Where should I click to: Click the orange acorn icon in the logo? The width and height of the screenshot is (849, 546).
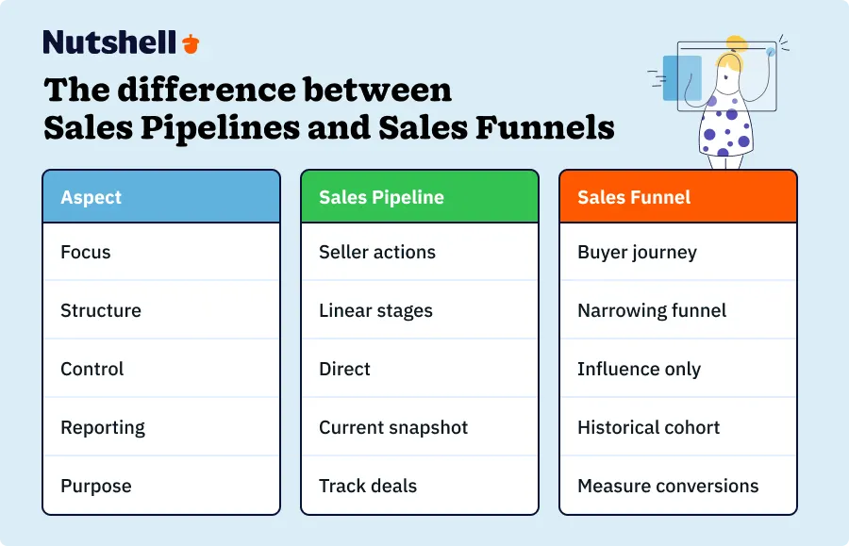click(191, 43)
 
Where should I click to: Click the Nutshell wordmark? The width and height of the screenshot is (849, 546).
click(109, 42)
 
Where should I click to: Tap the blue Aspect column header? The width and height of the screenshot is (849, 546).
click(161, 197)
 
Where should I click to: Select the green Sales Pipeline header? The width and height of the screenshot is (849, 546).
click(420, 197)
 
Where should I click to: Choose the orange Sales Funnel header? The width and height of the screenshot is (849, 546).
click(678, 197)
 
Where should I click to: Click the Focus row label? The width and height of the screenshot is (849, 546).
click(86, 252)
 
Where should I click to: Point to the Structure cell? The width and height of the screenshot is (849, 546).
click(101, 310)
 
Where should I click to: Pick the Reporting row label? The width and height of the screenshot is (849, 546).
click(104, 427)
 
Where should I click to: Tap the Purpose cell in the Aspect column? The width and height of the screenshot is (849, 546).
click(96, 486)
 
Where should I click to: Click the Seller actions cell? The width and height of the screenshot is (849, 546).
click(377, 252)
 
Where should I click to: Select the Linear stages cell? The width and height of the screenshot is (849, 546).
click(375, 310)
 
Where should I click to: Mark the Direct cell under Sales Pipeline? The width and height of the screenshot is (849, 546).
click(345, 369)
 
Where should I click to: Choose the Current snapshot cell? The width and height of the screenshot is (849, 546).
click(393, 427)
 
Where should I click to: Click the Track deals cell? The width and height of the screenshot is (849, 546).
click(368, 486)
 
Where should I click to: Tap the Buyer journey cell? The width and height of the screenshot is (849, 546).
click(637, 252)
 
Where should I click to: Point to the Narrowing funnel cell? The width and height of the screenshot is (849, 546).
click(652, 310)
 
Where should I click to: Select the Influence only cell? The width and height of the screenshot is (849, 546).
click(639, 369)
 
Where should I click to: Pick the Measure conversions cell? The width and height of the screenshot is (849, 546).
click(668, 486)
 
